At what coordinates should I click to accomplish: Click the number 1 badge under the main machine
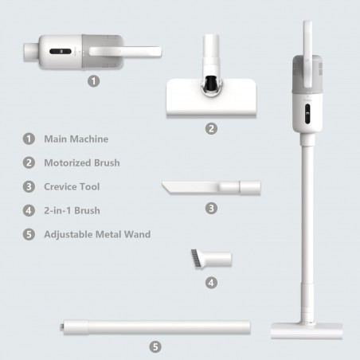click(93, 81)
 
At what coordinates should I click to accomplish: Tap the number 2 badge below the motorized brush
click(211, 129)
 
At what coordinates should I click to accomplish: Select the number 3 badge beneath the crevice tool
click(211, 209)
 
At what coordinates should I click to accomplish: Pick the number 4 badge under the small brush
click(211, 283)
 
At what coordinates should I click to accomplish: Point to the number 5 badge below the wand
click(155, 346)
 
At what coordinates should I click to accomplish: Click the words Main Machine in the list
click(76, 139)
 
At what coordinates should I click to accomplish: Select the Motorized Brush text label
click(82, 162)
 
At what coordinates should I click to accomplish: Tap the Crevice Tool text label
click(72, 186)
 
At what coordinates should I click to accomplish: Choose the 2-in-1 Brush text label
click(72, 210)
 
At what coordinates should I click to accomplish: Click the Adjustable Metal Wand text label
click(97, 234)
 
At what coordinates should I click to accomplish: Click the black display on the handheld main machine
click(61, 51)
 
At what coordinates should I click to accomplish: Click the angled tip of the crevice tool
click(165, 188)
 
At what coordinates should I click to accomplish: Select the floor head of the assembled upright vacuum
click(307, 331)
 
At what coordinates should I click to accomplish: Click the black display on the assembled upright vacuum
click(307, 114)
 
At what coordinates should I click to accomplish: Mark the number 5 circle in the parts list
click(29, 234)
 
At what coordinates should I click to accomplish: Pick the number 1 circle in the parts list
click(29, 139)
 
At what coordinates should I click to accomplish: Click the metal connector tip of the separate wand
click(61, 327)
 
